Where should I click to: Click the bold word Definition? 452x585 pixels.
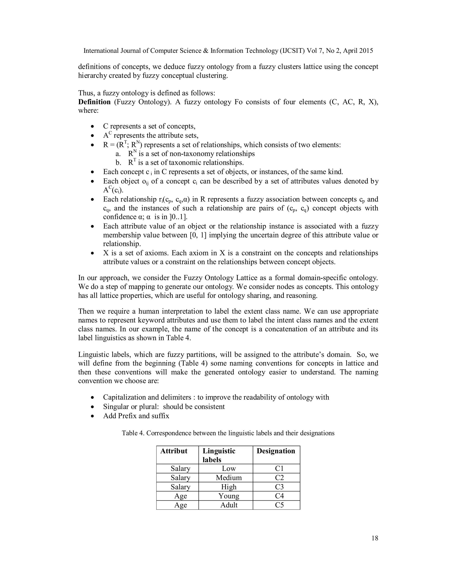[94, 102]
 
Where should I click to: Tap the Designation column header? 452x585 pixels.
[276, 451]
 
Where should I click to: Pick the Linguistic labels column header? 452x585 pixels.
[219, 455]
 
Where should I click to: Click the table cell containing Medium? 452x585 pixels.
[229, 477]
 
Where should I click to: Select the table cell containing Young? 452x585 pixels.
[229, 496]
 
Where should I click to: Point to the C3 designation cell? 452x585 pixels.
[279, 487]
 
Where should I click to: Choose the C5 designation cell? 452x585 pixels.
[279, 505]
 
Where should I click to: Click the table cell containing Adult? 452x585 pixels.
[229, 505]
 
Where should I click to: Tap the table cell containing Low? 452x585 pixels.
[229, 468]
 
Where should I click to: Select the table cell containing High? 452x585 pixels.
[229, 487]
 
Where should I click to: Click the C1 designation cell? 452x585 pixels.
[279, 468]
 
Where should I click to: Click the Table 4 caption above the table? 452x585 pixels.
[228, 433]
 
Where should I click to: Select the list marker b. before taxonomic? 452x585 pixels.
[118, 163]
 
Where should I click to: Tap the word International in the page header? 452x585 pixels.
[101, 51]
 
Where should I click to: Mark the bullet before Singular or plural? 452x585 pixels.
[92, 407]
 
